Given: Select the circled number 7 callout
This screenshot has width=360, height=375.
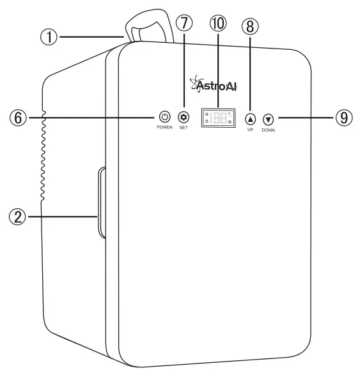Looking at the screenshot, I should click(x=184, y=24).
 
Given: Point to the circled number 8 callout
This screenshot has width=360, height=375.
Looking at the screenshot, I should click(x=250, y=26).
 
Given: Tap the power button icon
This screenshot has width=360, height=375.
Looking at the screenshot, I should click(x=164, y=117).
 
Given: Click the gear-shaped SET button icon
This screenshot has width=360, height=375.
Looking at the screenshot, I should click(x=184, y=117).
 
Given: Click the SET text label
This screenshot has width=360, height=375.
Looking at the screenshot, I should click(x=184, y=128).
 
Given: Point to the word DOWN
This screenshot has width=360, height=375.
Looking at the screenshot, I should click(x=268, y=130).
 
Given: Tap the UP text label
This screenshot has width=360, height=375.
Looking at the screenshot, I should click(x=250, y=130).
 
